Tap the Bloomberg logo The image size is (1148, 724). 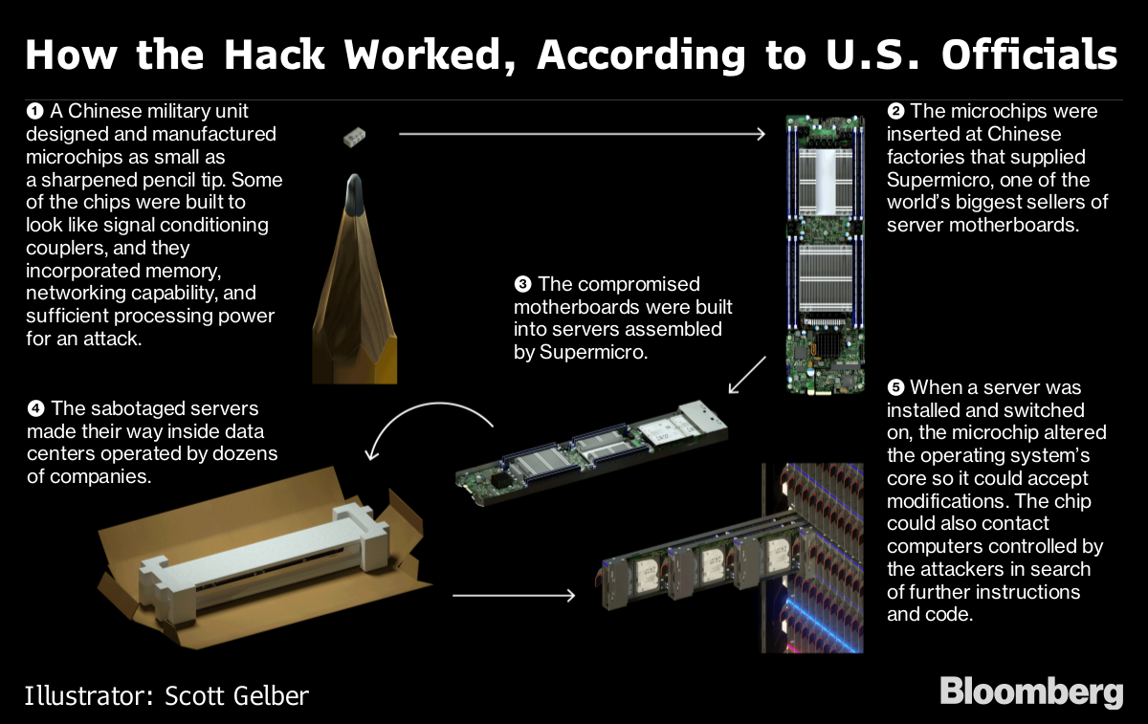1031,691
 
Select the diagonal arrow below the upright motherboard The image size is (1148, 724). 747,376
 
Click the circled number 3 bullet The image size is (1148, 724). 522,284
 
